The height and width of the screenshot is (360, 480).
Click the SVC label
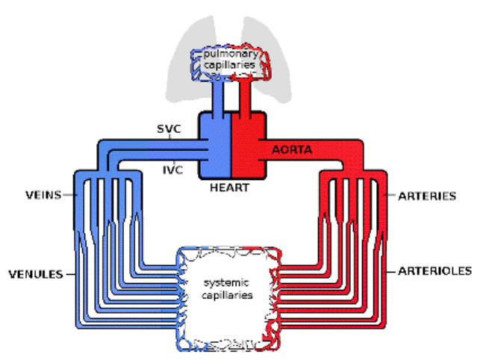(169, 128)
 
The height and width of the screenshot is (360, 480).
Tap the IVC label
(173, 170)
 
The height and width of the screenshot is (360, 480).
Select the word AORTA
(292, 149)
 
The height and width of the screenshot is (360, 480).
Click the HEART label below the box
(230, 187)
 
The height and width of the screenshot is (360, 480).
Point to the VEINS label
(43, 195)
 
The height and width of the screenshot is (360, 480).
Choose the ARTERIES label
(427, 196)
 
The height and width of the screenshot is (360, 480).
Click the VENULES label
(36, 274)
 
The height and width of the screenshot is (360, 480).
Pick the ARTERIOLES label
(434, 271)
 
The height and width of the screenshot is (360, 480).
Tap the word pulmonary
(231, 54)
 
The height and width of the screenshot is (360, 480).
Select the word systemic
(226, 282)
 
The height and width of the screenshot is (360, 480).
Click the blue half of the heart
(215, 146)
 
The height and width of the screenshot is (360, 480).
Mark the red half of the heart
(249, 146)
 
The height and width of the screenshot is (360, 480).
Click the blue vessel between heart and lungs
(218, 96)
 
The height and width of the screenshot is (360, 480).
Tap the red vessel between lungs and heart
(245, 96)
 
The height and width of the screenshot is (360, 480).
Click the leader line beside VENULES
(71, 274)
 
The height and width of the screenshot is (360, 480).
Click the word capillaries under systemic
(227, 295)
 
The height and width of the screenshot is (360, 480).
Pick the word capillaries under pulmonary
(229, 65)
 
